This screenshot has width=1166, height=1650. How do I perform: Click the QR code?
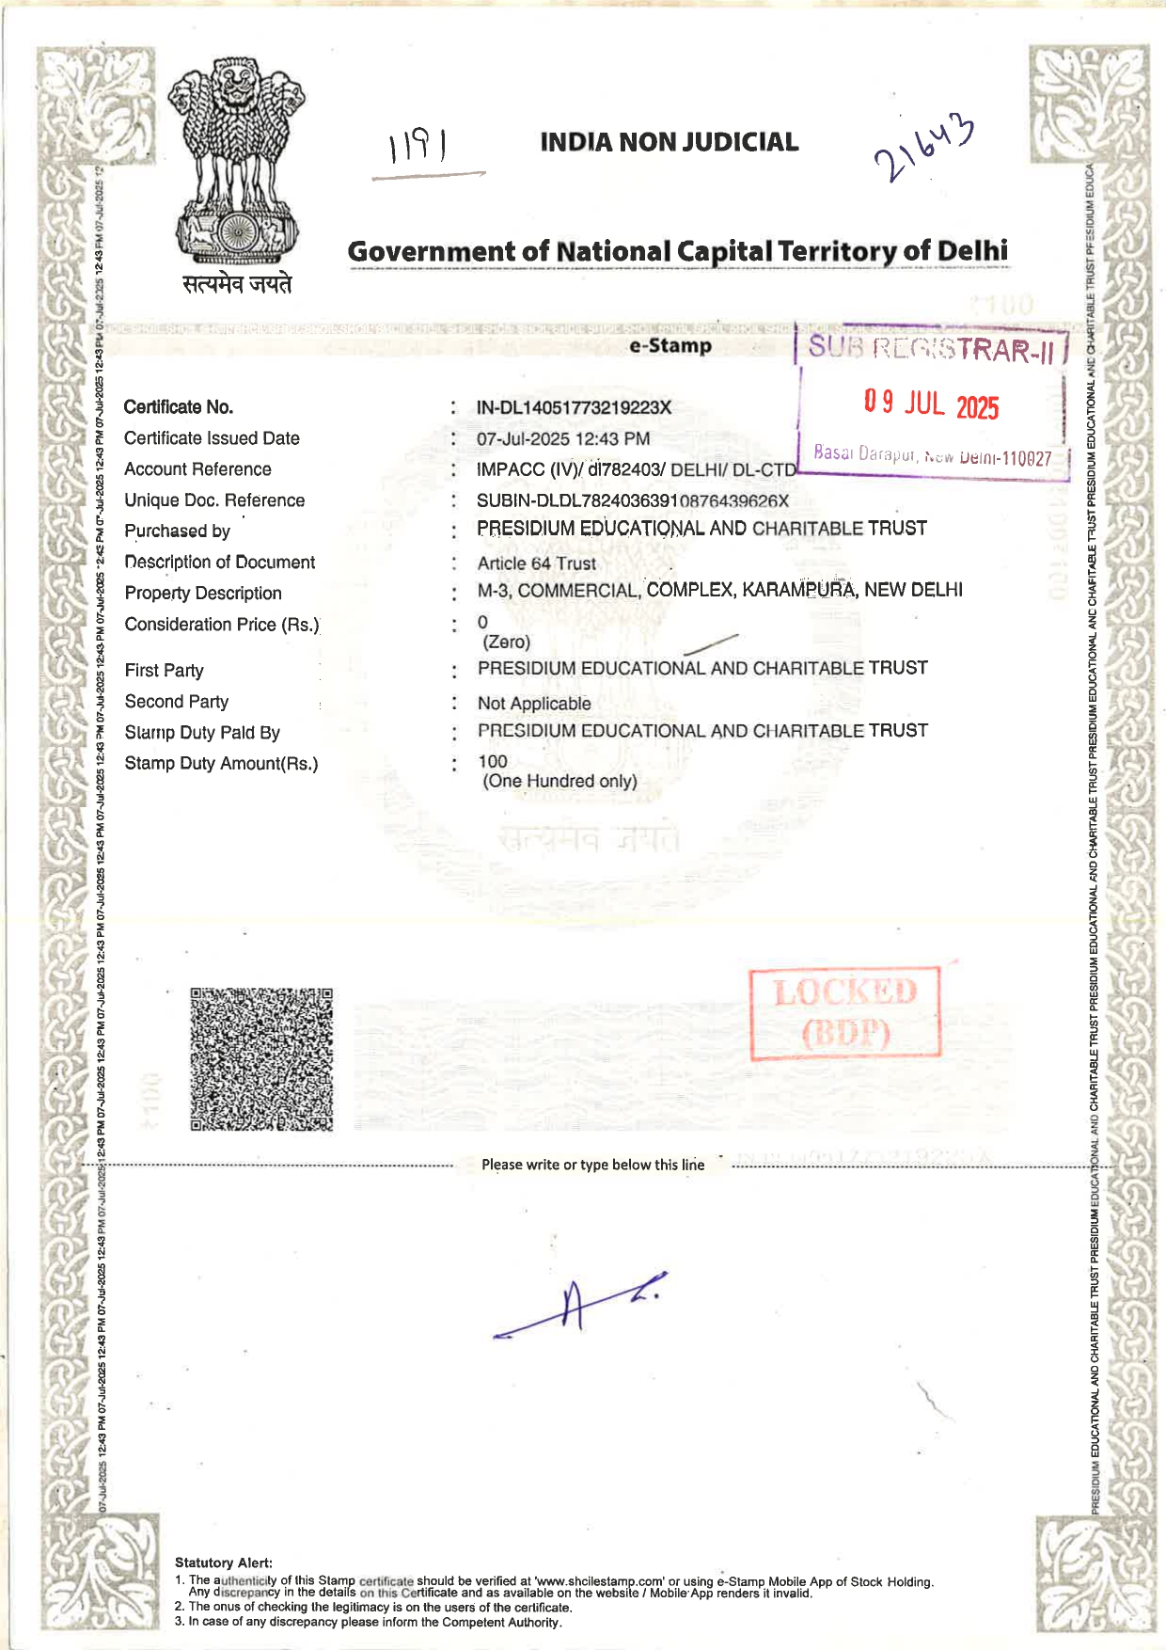coord(261,1058)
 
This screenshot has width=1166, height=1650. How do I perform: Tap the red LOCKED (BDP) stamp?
coord(844,1013)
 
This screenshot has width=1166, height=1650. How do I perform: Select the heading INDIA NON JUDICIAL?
coord(669,142)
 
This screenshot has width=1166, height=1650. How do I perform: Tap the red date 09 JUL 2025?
coord(931,405)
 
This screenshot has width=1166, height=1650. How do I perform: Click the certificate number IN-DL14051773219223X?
coord(574,407)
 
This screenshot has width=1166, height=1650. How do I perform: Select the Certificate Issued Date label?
coord(212,438)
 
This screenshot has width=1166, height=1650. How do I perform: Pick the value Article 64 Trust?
coord(537,563)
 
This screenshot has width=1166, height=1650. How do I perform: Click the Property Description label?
coord(203,594)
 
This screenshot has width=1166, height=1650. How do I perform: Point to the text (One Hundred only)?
coord(559,781)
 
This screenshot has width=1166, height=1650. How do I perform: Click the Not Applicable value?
coord(534,704)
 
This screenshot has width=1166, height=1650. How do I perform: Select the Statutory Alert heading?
coord(224,1563)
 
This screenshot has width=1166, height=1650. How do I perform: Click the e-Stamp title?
coord(670,345)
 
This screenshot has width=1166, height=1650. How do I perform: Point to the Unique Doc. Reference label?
coord(214,500)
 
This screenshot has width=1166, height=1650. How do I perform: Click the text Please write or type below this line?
coord(592,1165)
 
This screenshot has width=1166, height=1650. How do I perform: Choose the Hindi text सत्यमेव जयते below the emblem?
coord(237,283)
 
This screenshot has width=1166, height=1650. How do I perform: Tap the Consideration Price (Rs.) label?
coord(222,625)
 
